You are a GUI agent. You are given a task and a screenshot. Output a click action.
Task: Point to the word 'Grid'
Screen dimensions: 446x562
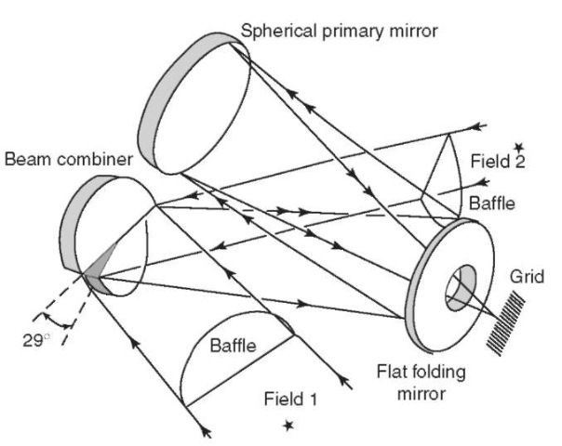(527, 276)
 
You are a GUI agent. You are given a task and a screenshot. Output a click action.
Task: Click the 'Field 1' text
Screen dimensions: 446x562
(290, 400)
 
